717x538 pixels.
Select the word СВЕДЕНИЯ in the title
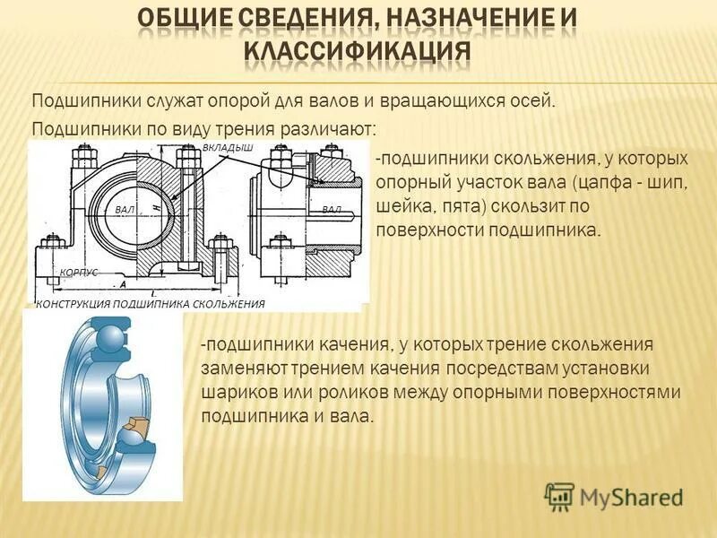click(274, 18)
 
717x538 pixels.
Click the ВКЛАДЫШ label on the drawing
click(228, 146)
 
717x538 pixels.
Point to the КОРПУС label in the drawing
click(79, 271)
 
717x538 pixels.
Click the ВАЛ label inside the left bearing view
click(125, 208)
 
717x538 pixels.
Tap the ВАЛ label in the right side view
click(332, 208)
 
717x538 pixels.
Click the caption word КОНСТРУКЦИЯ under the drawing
click(82, 304)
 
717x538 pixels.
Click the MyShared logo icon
click(559, 496)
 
